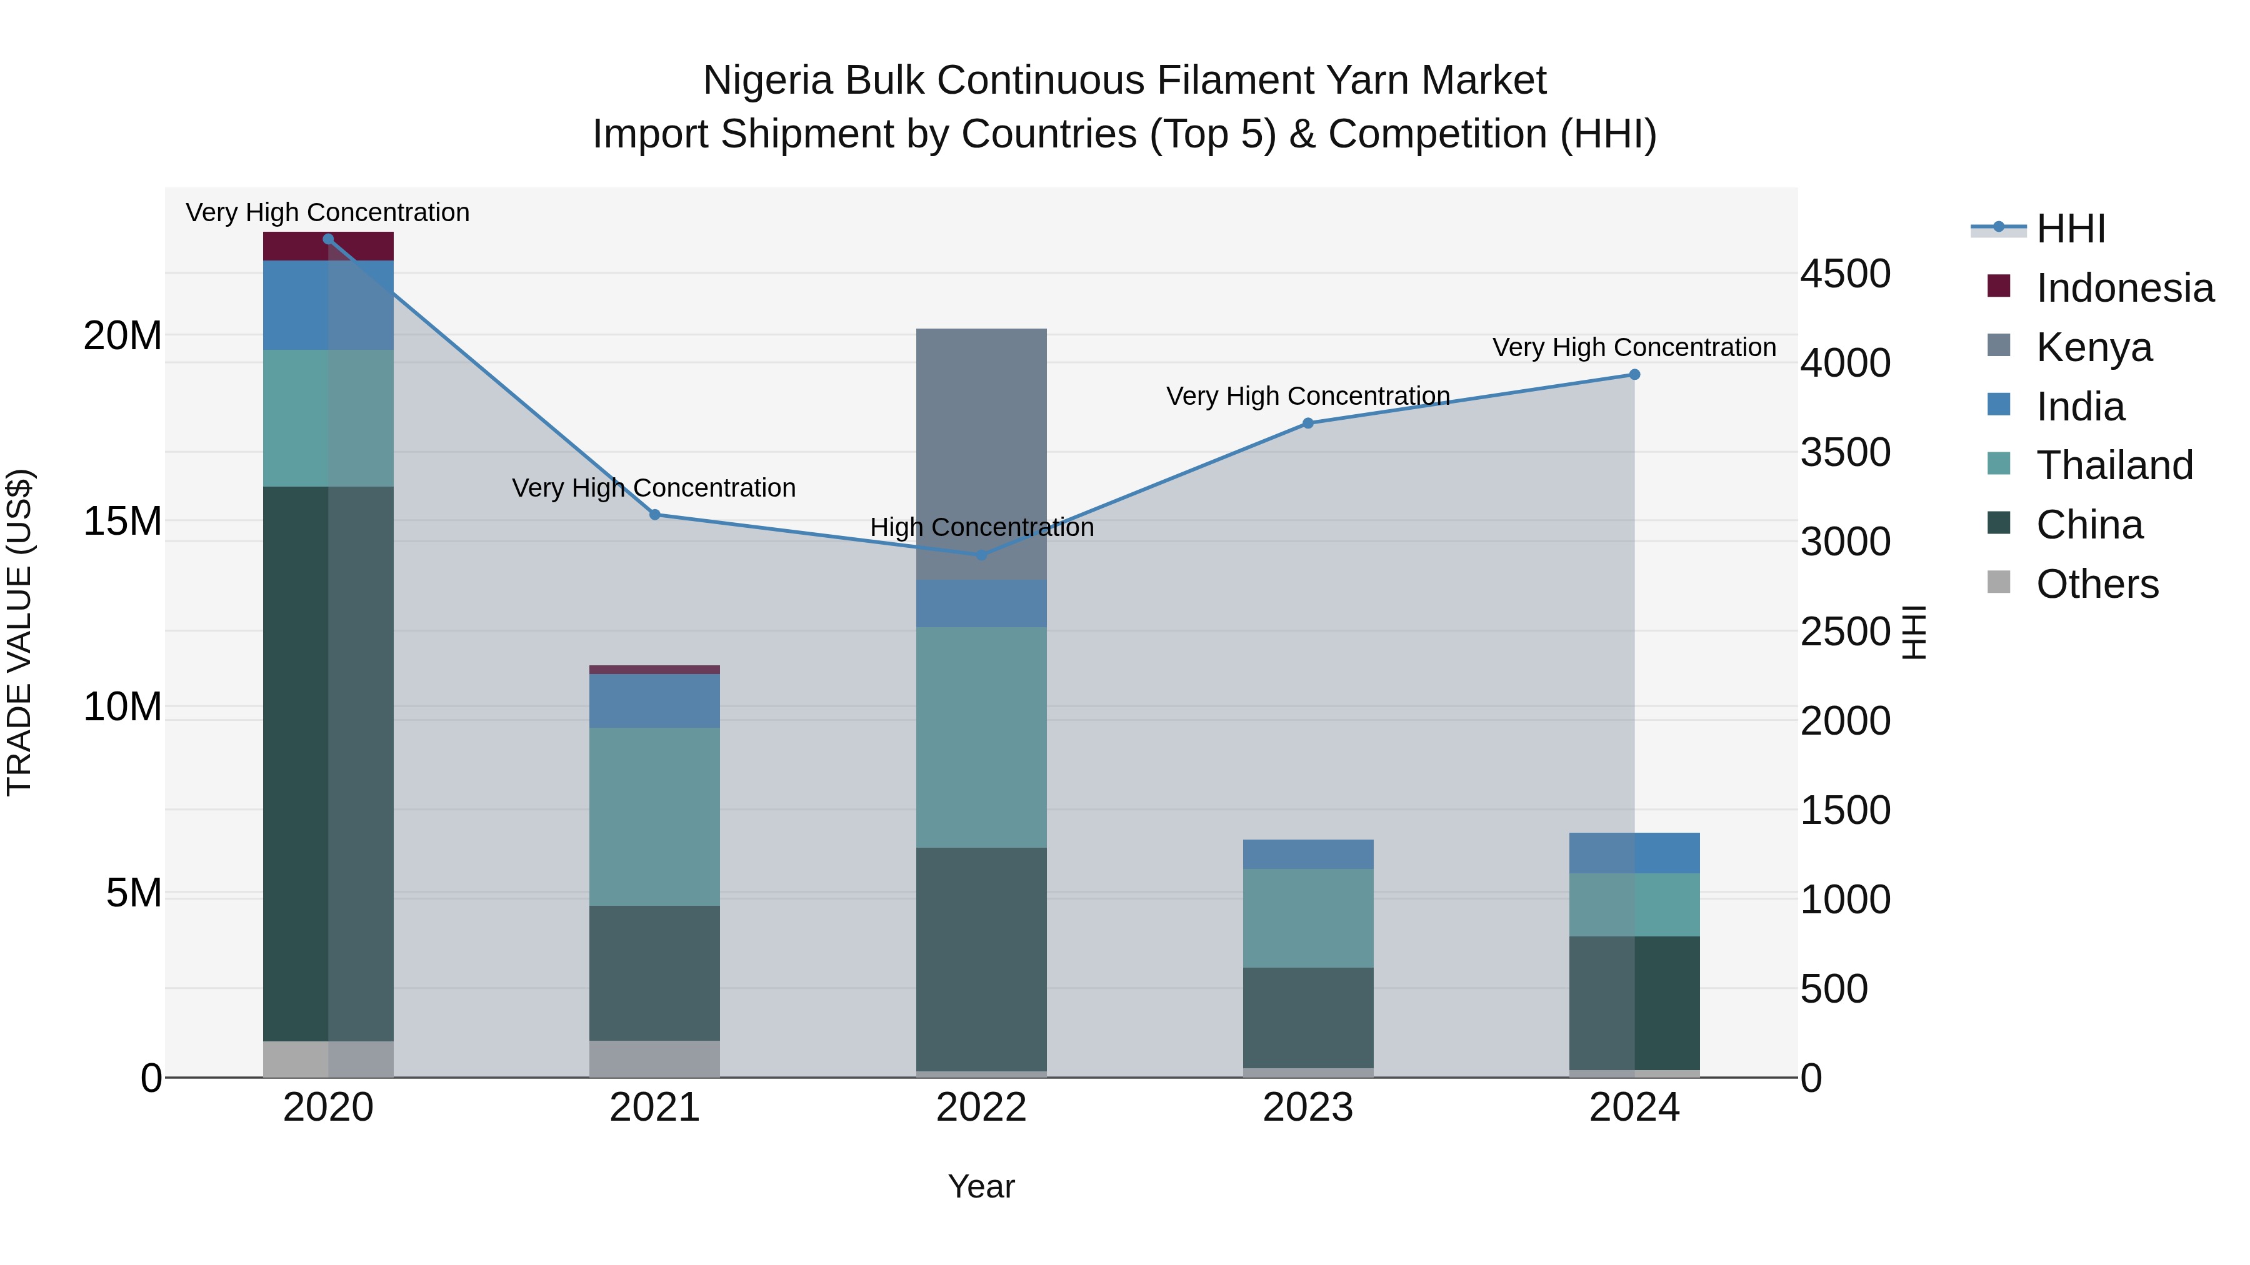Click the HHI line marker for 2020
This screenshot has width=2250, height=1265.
[x=328, y=239]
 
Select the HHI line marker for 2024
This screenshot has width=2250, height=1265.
[x=1634, y=375]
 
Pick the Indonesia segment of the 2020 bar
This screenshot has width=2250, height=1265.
[x=328, y=246]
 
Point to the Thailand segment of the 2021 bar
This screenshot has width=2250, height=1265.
[x=654, y=816]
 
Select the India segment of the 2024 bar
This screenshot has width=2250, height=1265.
[x=1634, y=853]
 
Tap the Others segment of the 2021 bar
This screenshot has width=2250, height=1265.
[x=654, y=1058]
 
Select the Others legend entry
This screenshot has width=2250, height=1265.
[x=2096, y=584]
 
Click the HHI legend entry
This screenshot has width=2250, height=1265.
[x=2070, y=229]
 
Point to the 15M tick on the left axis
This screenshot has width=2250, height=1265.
[x=122, y=521]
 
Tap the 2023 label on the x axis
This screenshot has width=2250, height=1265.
[x=1307, y=1108]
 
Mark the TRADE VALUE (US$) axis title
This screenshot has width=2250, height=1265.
[x=19, y=632]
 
